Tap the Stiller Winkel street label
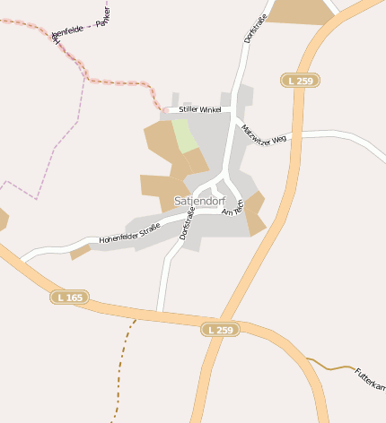[199, 109]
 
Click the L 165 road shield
[69, 297]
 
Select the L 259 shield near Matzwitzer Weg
[300, 81]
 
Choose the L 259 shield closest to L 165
[220, 330]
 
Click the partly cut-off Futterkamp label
[370, 379]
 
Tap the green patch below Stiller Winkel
[185, 135]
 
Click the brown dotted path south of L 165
[122, 367]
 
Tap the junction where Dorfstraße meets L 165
[159, 311]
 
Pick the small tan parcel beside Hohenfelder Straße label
[80, 252]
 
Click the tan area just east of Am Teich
[255, 212]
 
